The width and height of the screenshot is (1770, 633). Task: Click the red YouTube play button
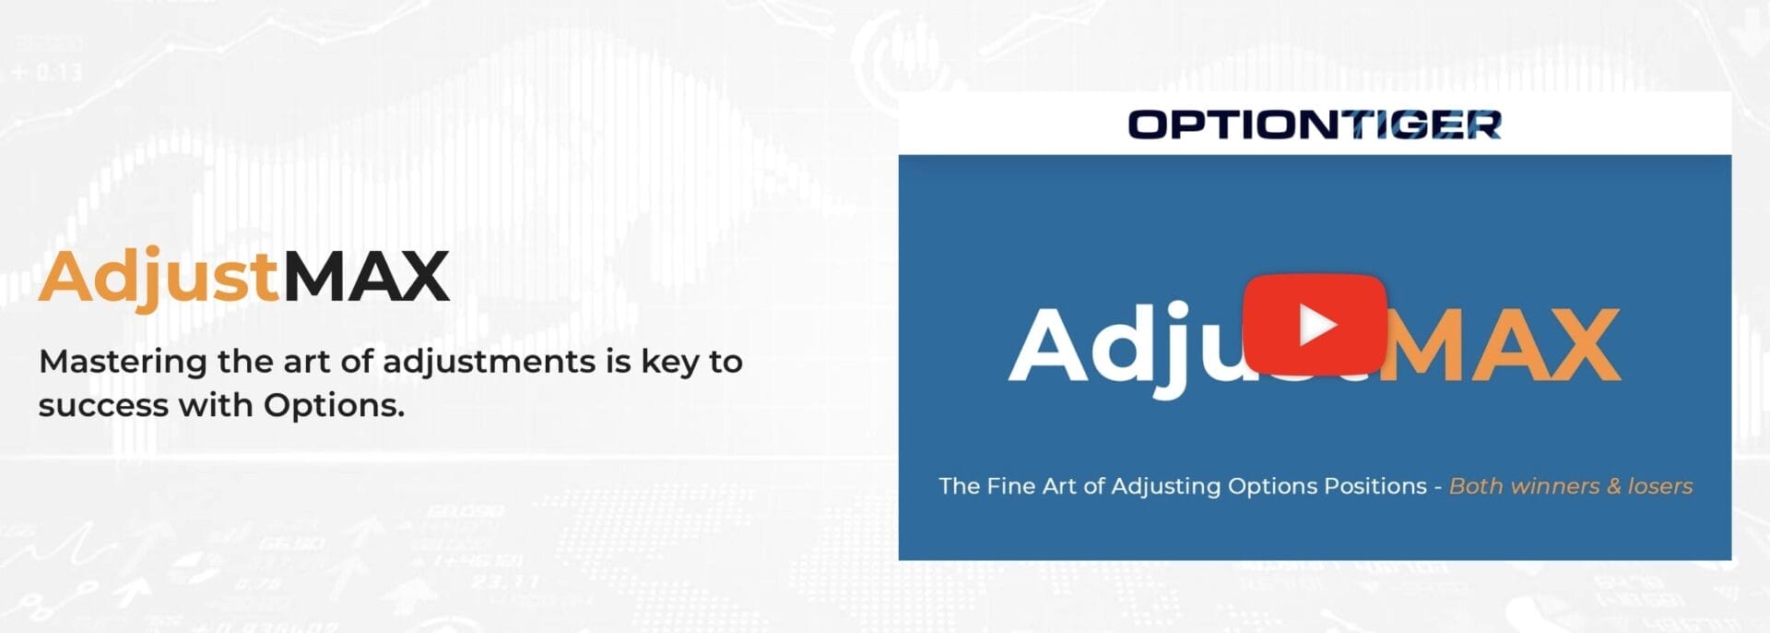pos(1315,324)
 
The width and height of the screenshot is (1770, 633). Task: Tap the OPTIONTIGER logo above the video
pos(1315,125)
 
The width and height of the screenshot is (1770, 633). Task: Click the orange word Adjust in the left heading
pos(159,276)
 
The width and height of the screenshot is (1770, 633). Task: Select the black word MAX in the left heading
pos(366,276)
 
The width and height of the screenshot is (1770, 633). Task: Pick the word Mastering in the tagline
pos(123,361)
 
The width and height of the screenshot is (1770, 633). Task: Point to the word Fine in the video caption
pos(1011,486)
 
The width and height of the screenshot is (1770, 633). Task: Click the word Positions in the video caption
pos(1375,486)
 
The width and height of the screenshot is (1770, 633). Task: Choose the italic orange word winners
pos(1555,486)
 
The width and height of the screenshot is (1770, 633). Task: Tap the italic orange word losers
pos(1660,486)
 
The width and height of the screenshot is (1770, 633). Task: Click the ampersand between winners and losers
pos(1613,486)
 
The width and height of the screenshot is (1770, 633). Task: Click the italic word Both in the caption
pos(1476,486)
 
